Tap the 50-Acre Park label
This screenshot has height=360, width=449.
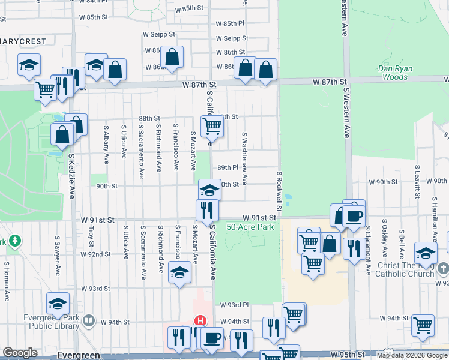click(250, 227)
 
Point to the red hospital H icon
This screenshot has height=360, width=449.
click(200, 322)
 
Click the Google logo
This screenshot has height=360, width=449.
click(20, 353)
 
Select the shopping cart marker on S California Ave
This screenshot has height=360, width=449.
click(212, 126)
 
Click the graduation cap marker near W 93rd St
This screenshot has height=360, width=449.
click(179, 272)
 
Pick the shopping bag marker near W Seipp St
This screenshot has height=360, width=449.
click(172, 58)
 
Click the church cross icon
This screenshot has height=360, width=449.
click(443, 268)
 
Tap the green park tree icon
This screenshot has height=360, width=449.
click(15, 241)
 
